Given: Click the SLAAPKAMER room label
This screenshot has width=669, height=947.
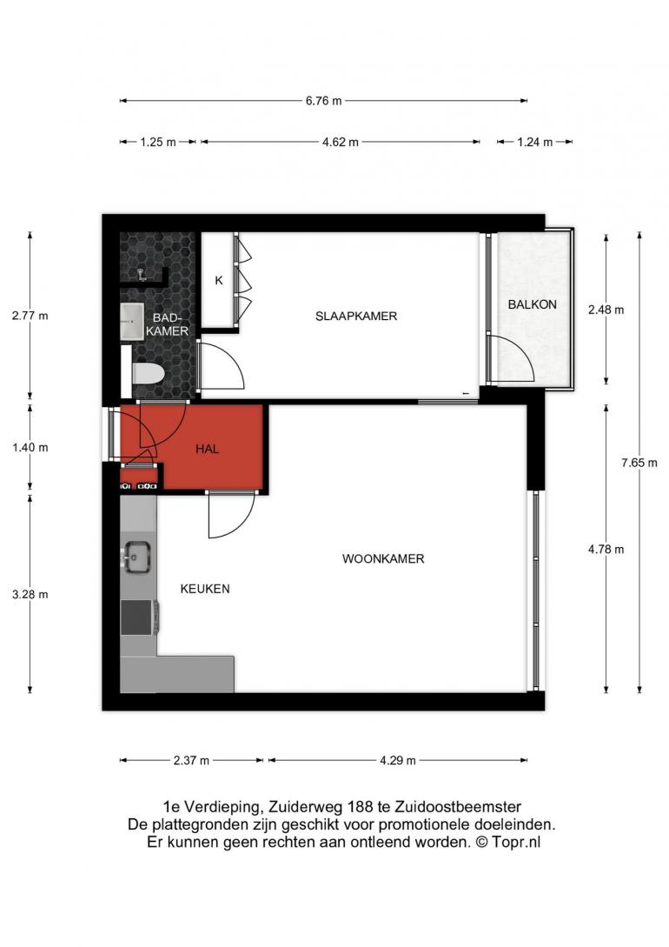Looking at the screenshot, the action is (x=356, y=316).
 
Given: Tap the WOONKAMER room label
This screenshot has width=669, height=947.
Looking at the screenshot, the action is (x=383, y=558).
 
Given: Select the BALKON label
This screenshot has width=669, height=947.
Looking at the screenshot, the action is (x=532, y=304).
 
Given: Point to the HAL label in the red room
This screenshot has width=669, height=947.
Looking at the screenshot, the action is (x=207, y=449).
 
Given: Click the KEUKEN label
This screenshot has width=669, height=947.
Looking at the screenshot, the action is (x=205, y=589).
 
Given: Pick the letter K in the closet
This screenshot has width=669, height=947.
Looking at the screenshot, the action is (x=219, y=280).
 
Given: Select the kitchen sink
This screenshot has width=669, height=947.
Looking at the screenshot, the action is (x=137, y=557).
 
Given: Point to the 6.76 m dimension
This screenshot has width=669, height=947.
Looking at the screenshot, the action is (x=323, y=101).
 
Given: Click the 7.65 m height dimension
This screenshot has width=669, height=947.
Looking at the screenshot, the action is (x=639, y=463).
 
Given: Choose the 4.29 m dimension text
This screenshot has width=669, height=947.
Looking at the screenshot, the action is (x=398, y=760).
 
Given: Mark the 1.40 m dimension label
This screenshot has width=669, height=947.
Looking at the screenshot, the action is (x=30, y=448).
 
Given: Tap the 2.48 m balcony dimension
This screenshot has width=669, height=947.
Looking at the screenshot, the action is (x=606, y=310).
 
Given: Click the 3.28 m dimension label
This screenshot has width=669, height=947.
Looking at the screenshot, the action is (x=30, y=594).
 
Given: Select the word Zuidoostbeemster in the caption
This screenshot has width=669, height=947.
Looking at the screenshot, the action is (x=458, y=807).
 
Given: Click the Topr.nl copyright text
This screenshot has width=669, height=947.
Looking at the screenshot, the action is (x=516, y=842).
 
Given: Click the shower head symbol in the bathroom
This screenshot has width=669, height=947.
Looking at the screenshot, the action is (x=142, y=275).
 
